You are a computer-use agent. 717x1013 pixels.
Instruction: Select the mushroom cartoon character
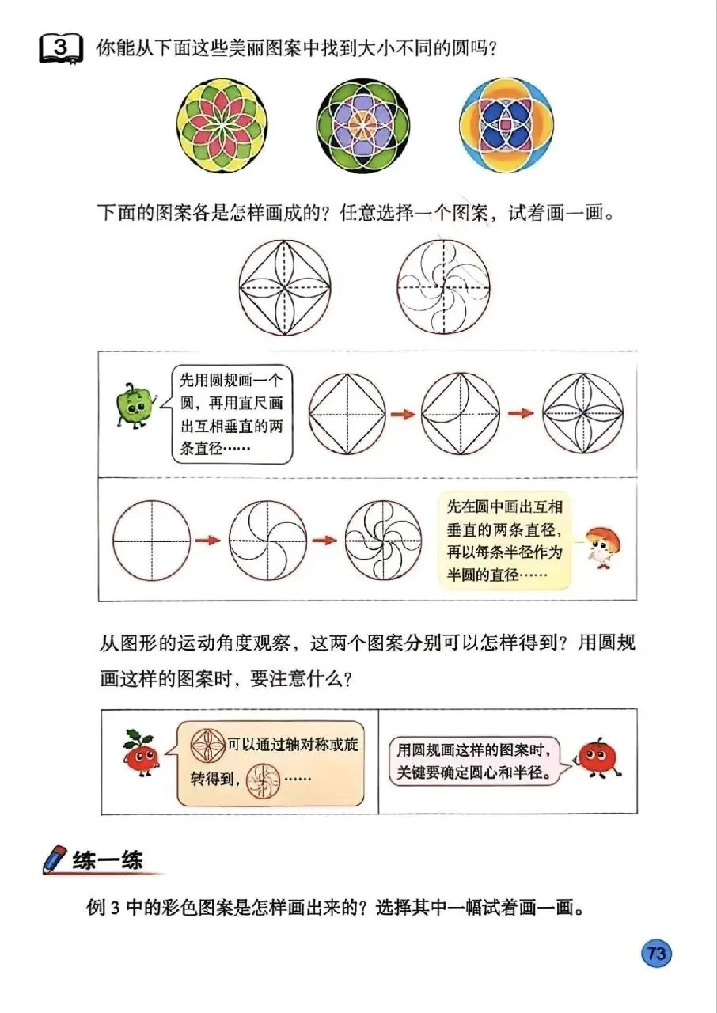[602, 547]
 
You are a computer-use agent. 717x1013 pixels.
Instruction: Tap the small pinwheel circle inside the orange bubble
[263, 780]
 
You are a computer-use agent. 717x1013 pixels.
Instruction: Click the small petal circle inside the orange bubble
[208, 746]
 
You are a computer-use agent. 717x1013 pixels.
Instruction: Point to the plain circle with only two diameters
[151, 541]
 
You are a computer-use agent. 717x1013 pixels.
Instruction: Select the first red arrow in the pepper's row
[403, 414]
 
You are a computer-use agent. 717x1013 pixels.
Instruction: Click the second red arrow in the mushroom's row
[325, 541]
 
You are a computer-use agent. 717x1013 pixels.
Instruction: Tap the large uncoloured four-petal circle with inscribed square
[284, 287]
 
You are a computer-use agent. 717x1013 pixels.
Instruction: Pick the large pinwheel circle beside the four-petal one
[443, 286]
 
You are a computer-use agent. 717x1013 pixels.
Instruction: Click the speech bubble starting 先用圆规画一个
[230, 414]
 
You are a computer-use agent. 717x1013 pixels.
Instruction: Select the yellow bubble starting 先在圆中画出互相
[505, 541]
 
